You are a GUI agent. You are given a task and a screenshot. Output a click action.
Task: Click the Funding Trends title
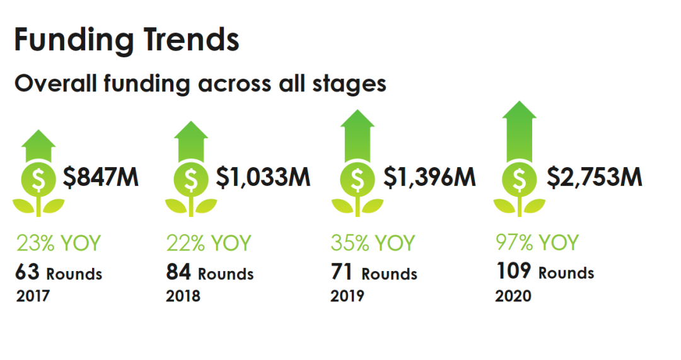pyautogui.click(x=127, y=40)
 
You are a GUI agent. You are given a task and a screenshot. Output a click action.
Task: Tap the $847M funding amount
pyautogui.click(x=101, y=177)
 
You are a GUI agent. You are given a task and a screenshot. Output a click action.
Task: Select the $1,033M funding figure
pyautogui.click(x=263, y=177)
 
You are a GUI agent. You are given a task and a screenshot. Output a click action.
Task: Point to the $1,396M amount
pyautogui.click(x=429, y=177)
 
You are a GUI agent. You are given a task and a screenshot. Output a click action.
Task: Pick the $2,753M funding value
pyautogui.click(x=594, y=177)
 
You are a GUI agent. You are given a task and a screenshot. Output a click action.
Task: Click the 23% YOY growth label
pyautogui.click(x=59, y=243)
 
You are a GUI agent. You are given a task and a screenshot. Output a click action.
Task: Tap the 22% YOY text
pyautogui.click(x=209, y=243)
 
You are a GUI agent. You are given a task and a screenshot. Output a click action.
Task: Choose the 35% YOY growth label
pyautogui.click(x=373, y=243)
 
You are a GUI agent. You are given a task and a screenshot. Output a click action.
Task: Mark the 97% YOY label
pyautogui.click(x=537, y=242)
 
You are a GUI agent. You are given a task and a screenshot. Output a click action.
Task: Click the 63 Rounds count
pyautogui.click(x=59, y=273)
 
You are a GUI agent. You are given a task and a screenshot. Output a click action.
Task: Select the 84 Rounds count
pyautogui.click(x=210, y=273)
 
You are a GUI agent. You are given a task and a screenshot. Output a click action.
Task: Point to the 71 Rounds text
pyautogui.click(x=374, y=273)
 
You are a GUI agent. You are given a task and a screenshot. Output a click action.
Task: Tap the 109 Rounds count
pyautogui.click(x=545, y=271)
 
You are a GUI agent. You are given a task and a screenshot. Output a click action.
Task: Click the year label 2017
pyautogui.click(x=33, y=296)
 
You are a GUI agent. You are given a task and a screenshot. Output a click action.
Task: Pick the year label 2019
pyautogui.click(x=347, y=296)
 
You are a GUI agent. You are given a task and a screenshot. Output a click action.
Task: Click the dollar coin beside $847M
pyautogui.click(x=38, y=179)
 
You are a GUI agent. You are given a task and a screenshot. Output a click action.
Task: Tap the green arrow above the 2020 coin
pyautogui.click(x=520, y=132)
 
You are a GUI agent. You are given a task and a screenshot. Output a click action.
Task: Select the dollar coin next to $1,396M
pyautogui.click(x=358, y=179)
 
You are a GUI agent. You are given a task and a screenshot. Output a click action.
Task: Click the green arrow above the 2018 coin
pyautogui.click(x=191, y=142)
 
